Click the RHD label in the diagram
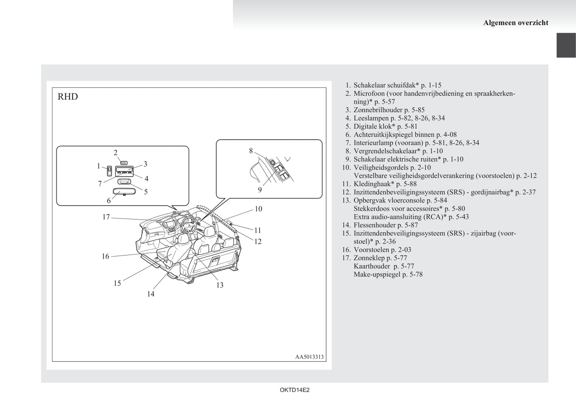click(68, 97)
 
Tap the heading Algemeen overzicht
click(515, 23)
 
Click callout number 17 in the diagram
click(106, 217)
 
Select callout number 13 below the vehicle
click(220, 285)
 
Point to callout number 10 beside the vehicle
click(258, 209)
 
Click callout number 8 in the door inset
click(251, 151)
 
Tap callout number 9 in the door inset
click(260, 190)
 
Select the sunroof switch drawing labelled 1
click(109, 171)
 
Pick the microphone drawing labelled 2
click(123, 163)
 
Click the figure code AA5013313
click(309, 357)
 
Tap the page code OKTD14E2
click(295, 390)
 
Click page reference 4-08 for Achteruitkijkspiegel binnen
click(450, 135)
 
